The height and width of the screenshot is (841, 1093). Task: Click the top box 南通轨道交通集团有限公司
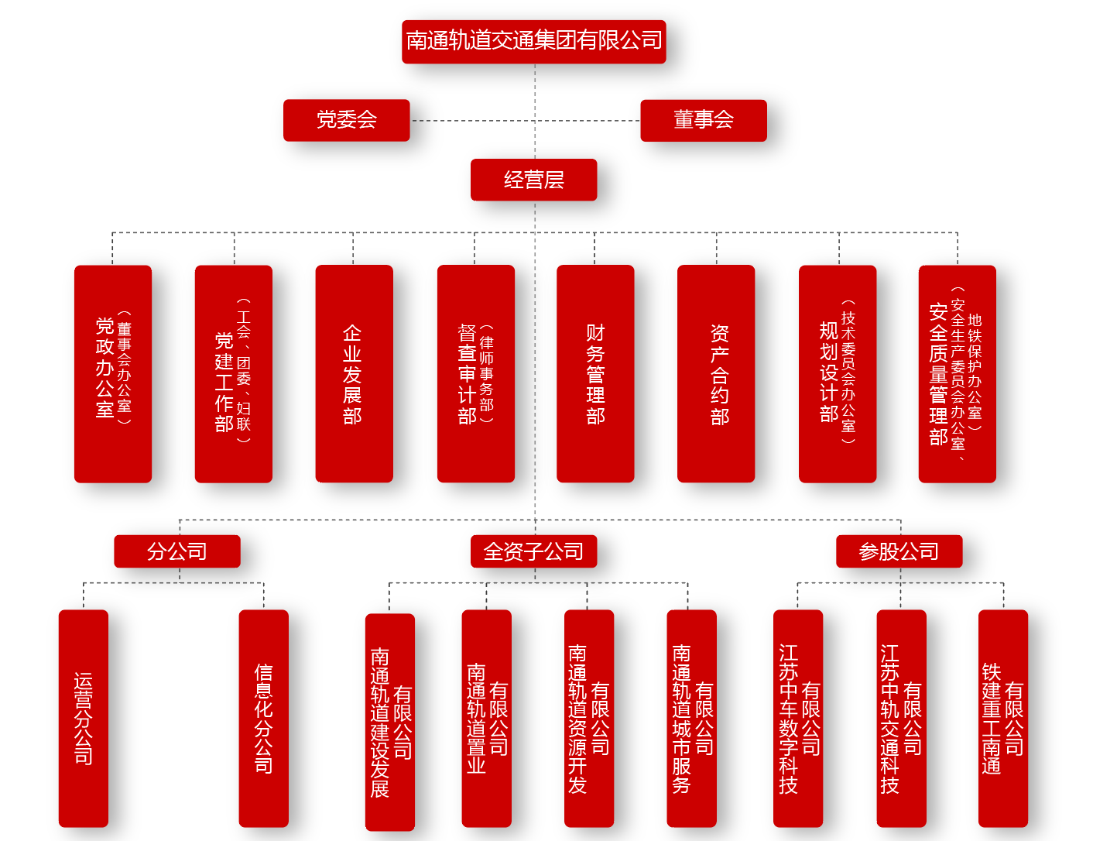(534, 41)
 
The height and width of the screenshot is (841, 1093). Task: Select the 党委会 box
(346, 120)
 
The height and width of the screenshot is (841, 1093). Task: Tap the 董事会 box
(703, 120)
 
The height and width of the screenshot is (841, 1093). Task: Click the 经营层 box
(533, 180)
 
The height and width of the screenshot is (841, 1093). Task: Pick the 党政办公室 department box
(113, 373)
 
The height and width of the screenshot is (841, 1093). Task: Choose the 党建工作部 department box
(233, 373)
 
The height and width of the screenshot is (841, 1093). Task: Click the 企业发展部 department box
(354, 373)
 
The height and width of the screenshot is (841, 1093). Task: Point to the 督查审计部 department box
(475, 373)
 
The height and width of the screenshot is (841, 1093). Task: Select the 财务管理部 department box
(595, 373)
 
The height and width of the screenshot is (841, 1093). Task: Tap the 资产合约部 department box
(716, 373)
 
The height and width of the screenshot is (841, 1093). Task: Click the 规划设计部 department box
(838, 373)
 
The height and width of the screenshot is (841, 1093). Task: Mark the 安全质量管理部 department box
(957, 373)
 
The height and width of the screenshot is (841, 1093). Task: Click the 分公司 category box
(177, 551)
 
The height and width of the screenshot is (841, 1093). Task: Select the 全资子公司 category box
(533, 551)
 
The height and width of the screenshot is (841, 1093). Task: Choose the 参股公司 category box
(899, 551)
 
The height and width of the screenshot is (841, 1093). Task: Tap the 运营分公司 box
(84, 718)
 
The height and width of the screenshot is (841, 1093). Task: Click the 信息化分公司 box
(263, 718)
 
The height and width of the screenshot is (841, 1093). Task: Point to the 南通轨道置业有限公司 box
(486, 718)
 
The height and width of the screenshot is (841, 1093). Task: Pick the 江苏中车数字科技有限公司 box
(798, 718)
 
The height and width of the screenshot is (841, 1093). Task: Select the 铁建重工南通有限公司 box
(1002, 718)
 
